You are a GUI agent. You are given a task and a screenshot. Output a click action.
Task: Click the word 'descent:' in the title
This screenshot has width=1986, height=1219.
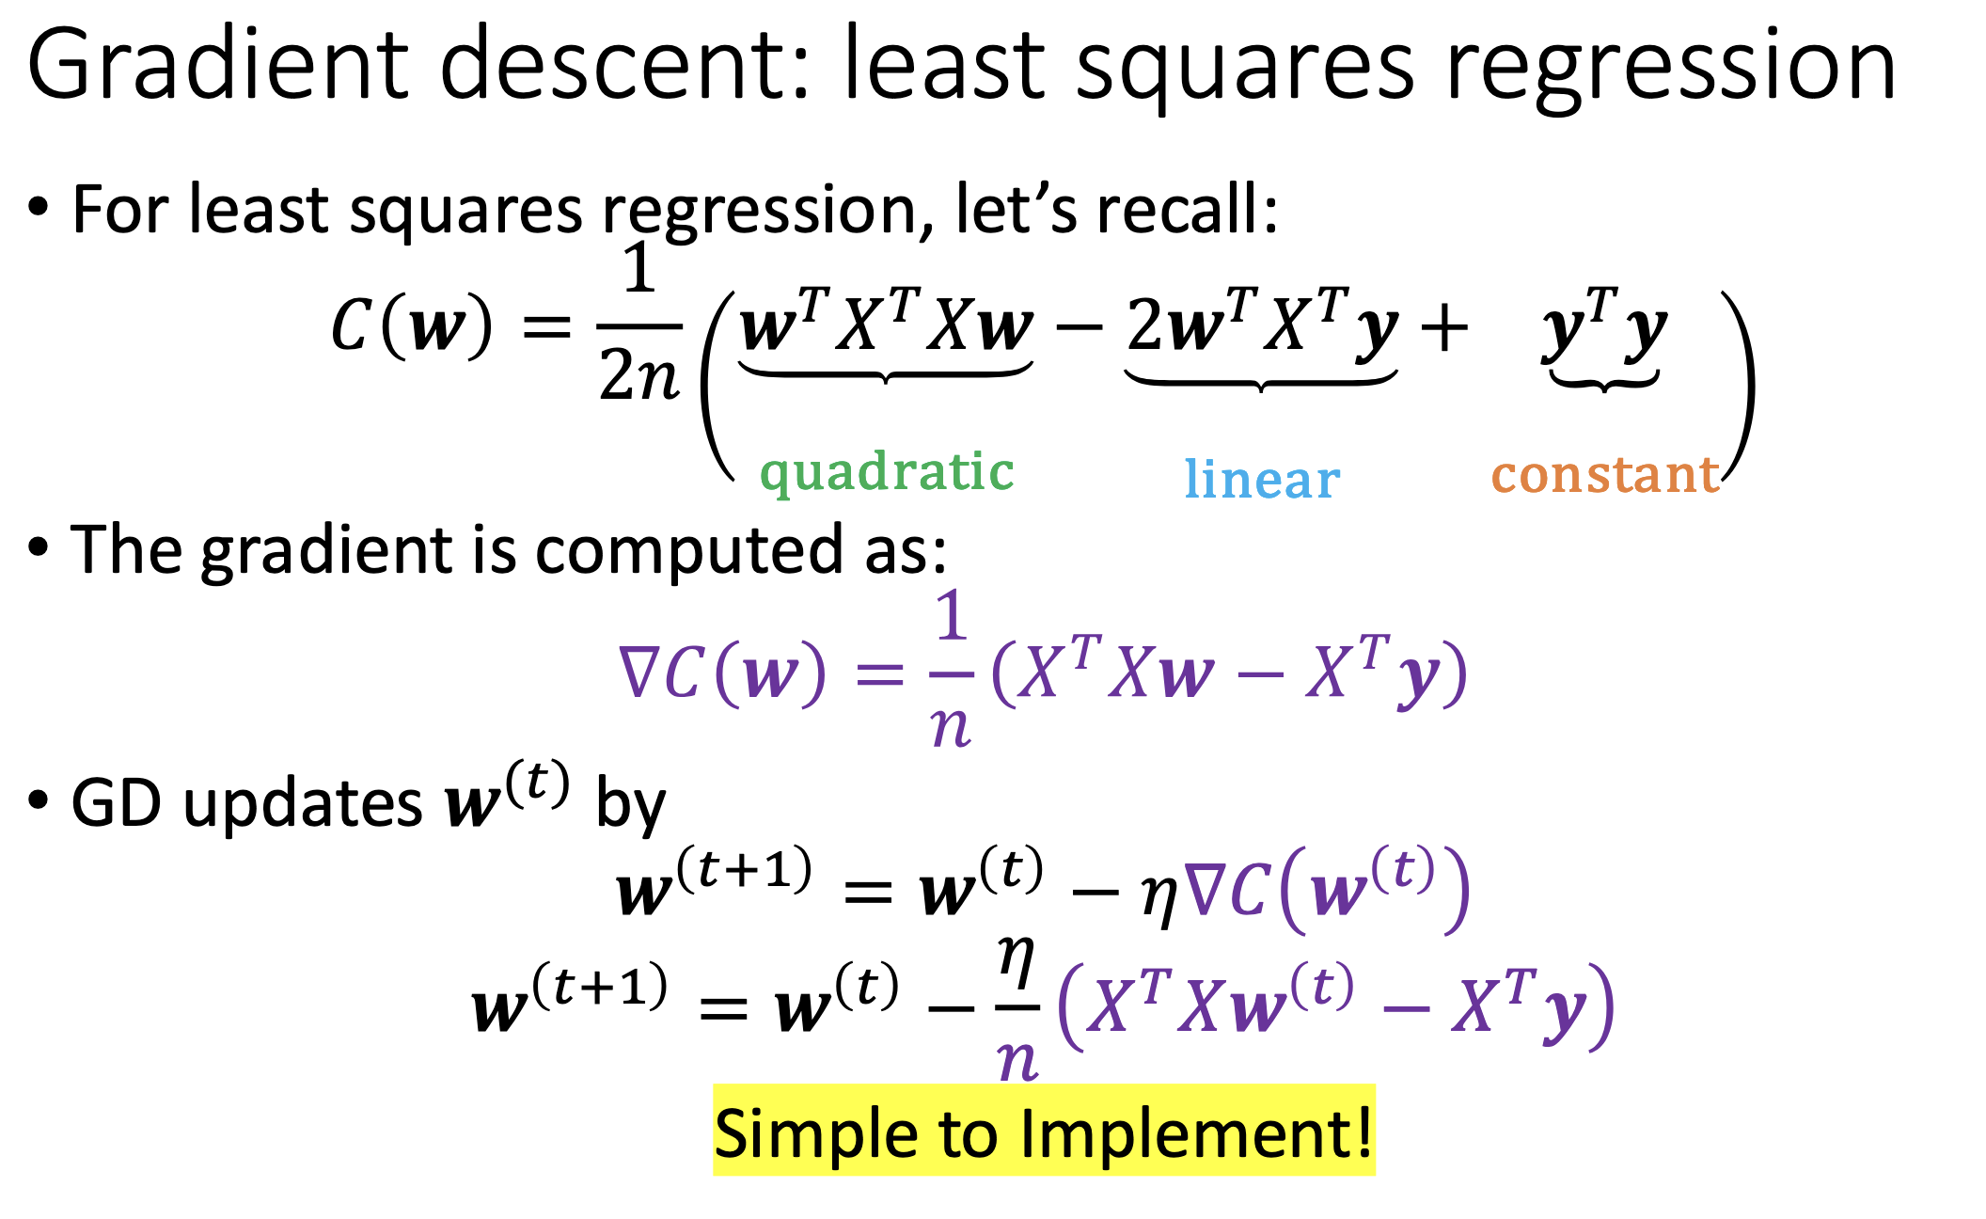623,64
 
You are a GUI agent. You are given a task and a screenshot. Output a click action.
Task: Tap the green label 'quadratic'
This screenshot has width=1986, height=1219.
887,472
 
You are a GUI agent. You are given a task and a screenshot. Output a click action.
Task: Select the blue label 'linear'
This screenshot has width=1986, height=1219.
1262,479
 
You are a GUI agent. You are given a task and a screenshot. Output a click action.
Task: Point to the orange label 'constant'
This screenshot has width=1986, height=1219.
1605,474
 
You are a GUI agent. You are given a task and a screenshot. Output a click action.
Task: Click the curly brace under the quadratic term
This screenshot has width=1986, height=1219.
886,372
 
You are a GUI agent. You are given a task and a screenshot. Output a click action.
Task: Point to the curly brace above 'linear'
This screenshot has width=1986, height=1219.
1261,380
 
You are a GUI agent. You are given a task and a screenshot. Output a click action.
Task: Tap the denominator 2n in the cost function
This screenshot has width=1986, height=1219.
639,375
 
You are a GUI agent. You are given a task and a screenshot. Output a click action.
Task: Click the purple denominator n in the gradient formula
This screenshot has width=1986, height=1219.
951,726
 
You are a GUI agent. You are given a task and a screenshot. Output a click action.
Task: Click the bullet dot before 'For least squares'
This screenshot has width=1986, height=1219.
38,206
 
